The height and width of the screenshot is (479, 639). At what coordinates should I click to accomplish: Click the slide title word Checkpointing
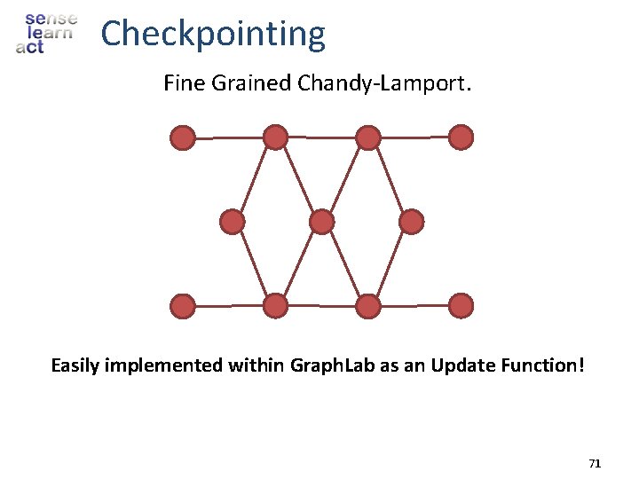click(x=213, y=35)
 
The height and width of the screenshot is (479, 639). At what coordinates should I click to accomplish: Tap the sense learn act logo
click(x=46, y=34)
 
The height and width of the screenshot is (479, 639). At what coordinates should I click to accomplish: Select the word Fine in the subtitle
click(x=182, y=84)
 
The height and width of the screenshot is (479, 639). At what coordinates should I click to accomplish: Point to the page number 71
click(x=595, y=463)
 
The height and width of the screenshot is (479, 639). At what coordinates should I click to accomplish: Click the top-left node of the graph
click(x=183, y=137)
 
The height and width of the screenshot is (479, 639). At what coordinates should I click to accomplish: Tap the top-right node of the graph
click(x=461, y=137)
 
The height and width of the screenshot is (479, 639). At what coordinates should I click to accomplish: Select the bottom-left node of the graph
click(x=183, y=306)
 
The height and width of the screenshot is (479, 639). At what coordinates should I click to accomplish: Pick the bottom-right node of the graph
click(x=461, y=306)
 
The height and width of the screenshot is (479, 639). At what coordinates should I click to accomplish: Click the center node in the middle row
click(x=321, y=222)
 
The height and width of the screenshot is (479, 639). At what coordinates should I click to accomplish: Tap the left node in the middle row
click(x=232, y=222)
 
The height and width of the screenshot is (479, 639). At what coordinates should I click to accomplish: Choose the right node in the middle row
click(x=411, y=222)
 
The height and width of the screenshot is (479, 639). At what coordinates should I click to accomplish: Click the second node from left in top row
click(x=276, y=137)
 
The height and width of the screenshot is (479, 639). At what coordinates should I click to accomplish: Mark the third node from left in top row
click(x=367, y=137)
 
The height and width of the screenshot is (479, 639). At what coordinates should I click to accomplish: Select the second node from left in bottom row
click(x=276, y=306)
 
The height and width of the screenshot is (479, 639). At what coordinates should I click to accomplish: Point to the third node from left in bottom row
click(x=367, y=306)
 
